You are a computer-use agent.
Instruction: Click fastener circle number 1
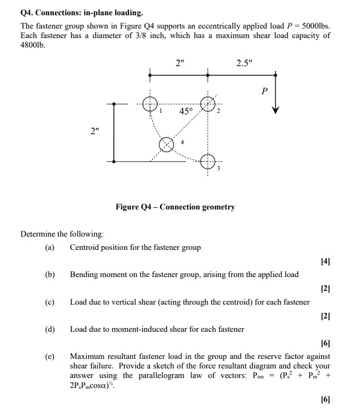pos(150,104)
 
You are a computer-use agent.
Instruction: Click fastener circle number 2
pos(208,104)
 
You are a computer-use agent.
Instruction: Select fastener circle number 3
pos(208,161)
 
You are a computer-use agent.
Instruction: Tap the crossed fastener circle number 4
pos(166,144)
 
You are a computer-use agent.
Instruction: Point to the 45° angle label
pos(186,111)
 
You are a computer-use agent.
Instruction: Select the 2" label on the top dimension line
pos(179,64)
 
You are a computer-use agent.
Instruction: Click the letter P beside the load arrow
pos(265,91)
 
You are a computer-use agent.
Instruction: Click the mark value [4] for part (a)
pos(325,261)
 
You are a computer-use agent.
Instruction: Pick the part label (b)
pos(50,275)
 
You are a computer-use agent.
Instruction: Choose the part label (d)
pos(50,329)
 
